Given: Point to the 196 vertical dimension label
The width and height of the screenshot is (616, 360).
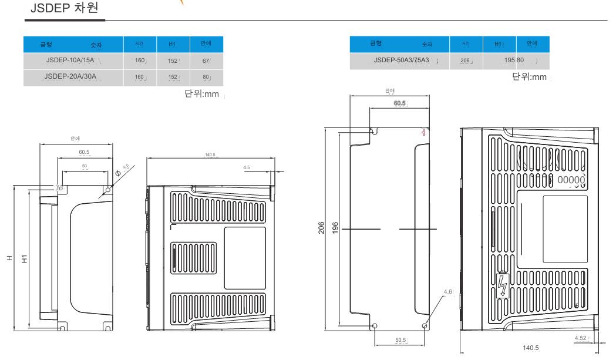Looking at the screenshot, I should click(x=334, y=228).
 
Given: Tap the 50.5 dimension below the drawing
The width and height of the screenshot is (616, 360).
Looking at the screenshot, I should click(x=400, y=339).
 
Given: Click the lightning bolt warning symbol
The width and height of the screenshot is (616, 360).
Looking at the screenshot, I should click(x=501, y=286).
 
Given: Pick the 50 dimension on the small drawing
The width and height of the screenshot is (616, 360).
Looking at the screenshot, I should click(x=85, y=167).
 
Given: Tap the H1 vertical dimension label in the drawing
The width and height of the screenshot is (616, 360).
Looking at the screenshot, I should click(x=23, y=258).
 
